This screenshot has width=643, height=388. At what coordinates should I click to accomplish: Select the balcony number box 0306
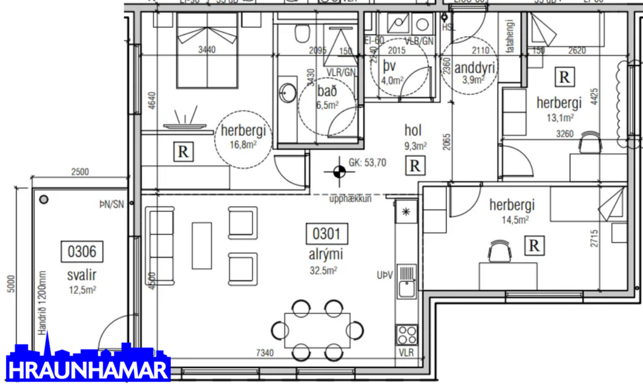(x=82, y=251)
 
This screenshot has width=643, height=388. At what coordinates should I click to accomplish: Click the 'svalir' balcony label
(x=82, y=275)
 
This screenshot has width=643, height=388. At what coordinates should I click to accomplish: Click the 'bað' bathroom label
(x=326, y=91)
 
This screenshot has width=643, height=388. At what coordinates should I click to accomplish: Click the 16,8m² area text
(x=244, y=144)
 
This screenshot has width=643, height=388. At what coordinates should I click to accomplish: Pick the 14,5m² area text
(x=513, y=219)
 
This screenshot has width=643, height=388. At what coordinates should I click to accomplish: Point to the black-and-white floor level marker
(x=339, y=171)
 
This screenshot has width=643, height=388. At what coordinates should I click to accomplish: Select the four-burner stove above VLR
(x=406, y=334)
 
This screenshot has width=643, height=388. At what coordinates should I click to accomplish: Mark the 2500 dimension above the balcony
(x=80, y=173)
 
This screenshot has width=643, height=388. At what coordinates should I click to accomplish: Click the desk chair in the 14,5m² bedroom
(x=498, y=251)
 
